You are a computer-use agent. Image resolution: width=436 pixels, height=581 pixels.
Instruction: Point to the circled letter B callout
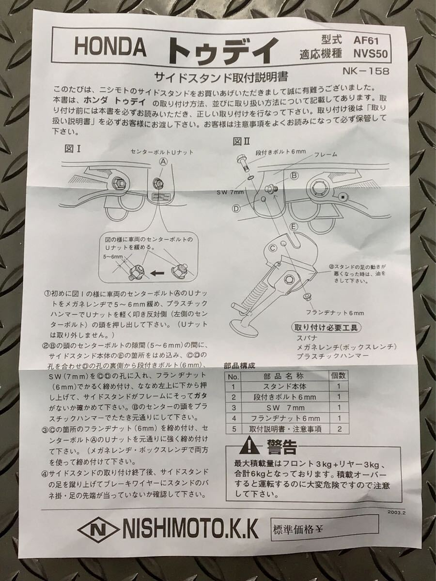click(294, 176)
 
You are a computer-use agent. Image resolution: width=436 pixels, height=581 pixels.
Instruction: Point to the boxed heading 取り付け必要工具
click(326, 328)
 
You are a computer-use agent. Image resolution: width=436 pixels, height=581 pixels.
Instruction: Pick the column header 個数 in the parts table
click(338, 375)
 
